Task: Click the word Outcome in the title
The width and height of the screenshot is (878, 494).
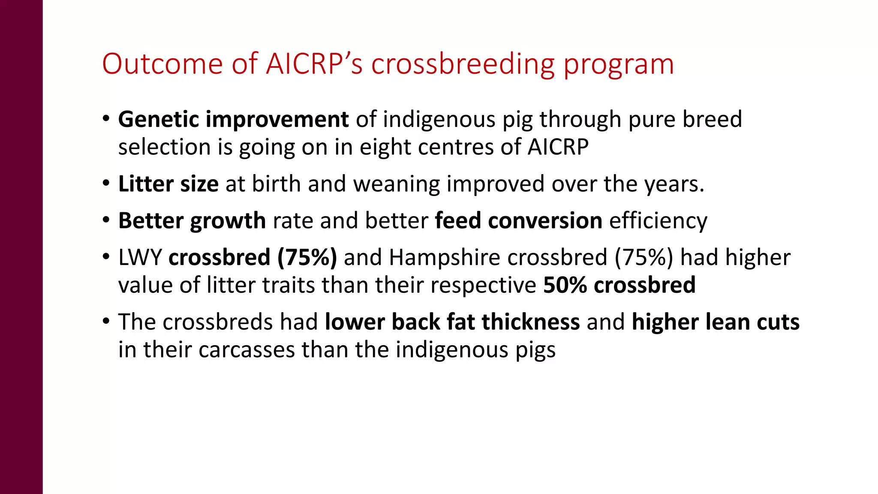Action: [162, 64]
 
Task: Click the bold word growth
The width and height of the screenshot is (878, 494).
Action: [228, 221]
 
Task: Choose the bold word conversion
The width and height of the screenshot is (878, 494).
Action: [545, 221]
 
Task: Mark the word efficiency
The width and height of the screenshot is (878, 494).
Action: [658, 221]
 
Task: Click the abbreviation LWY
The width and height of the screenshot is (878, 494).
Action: [140, 258]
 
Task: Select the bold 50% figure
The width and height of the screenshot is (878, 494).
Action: [565, 285]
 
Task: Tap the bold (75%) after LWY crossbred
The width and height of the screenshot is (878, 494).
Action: [307, 258]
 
